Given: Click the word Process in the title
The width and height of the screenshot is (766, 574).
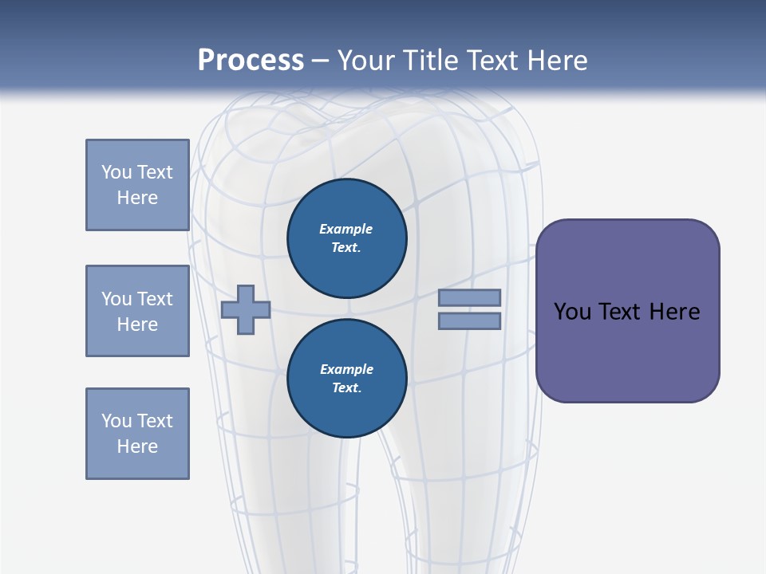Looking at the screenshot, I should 251,61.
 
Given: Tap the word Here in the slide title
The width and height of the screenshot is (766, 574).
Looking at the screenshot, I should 555,61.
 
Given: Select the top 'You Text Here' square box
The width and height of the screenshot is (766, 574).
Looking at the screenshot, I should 137,185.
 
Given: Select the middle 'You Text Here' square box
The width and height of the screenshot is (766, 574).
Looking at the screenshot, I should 137,311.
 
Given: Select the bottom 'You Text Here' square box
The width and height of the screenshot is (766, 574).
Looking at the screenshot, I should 137,434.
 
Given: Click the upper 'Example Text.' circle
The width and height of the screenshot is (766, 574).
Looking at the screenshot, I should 346,238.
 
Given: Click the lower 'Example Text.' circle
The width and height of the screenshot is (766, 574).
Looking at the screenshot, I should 346,379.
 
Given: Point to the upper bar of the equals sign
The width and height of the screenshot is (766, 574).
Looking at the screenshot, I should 469,298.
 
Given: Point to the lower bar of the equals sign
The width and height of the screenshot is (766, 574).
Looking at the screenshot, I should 469,321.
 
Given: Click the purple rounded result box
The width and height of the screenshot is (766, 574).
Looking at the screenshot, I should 627,311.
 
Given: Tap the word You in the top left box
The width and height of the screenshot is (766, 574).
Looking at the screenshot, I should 116,172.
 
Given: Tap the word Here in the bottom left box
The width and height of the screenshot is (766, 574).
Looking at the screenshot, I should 137,446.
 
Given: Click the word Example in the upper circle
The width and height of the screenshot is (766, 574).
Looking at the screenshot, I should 346,229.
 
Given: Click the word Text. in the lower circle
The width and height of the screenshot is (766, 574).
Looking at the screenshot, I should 346,388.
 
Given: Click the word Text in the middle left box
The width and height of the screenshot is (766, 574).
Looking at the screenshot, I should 155,299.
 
